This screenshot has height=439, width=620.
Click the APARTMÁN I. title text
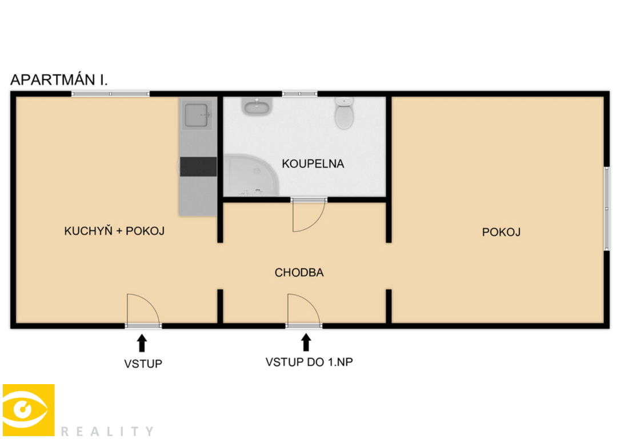tap(59, 79)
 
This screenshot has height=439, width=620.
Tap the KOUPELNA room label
tap(313, 163)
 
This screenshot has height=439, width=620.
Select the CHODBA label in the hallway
tap(299, 273)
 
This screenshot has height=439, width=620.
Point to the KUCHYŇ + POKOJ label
tap(114, 231)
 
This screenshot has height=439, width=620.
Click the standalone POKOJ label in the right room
tap(501, 232)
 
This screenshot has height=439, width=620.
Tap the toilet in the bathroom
tap(344, 113)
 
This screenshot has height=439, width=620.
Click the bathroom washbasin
tap(257, 106)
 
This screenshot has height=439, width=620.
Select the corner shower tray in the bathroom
tap(251, 175)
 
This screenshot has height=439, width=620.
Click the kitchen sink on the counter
tap(197, 115)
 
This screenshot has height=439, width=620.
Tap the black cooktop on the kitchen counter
tap(198, 166)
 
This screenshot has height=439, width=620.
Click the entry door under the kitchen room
tap(143, 311)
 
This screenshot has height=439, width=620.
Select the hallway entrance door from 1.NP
tap(303, 311)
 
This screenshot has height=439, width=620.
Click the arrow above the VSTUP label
tap(142, 344)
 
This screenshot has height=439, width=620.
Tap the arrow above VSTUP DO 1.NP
tap(306, 342)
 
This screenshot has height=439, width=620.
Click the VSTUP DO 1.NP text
tap(309, 362)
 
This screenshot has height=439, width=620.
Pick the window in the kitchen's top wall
tap(110, 94)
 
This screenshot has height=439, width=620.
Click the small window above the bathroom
tap(299, 94)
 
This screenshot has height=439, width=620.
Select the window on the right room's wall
tap(606, 209)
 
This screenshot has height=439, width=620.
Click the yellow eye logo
tap(29, 410)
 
